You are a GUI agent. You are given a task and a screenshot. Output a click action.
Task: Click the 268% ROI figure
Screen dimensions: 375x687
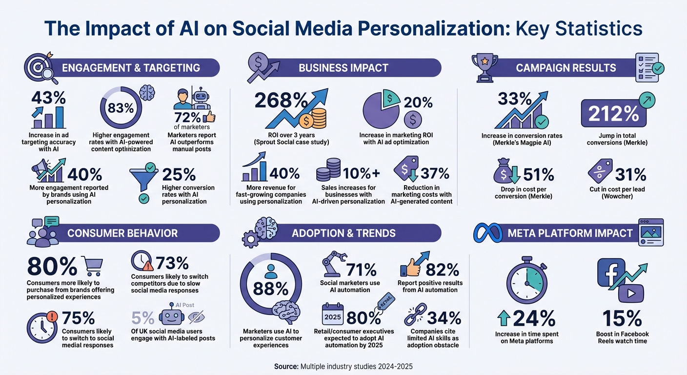coord(280,102)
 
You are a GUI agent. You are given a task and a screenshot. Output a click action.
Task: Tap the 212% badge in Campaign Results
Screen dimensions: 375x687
coord(613,114)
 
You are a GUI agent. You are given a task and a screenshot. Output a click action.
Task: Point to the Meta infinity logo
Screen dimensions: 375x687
coord(488,233)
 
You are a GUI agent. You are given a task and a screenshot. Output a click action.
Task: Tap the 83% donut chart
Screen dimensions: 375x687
coord(120,108)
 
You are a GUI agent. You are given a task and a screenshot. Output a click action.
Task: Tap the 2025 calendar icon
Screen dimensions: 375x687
coord(333,315)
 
